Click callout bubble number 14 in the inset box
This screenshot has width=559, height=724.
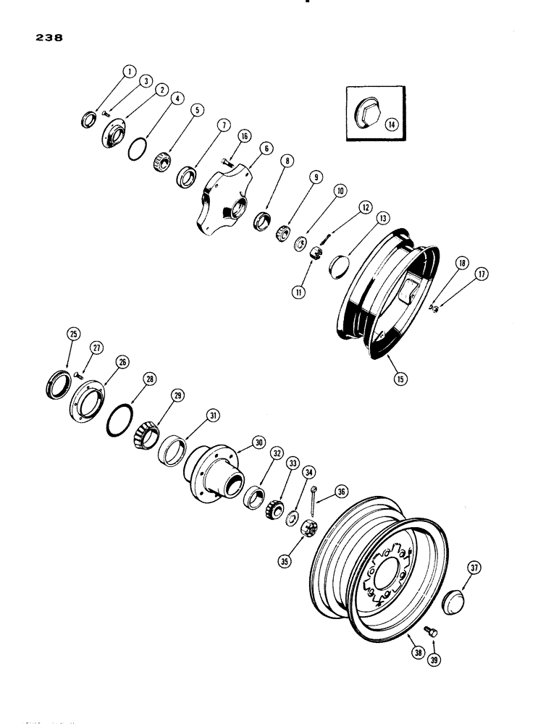click(393, 124)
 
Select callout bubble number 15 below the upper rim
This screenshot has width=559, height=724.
click(398, 378)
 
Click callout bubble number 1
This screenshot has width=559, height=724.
click(128, 71)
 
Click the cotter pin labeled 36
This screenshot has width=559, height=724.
click(311, 499)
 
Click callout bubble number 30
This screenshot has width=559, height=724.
click(256, 442)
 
